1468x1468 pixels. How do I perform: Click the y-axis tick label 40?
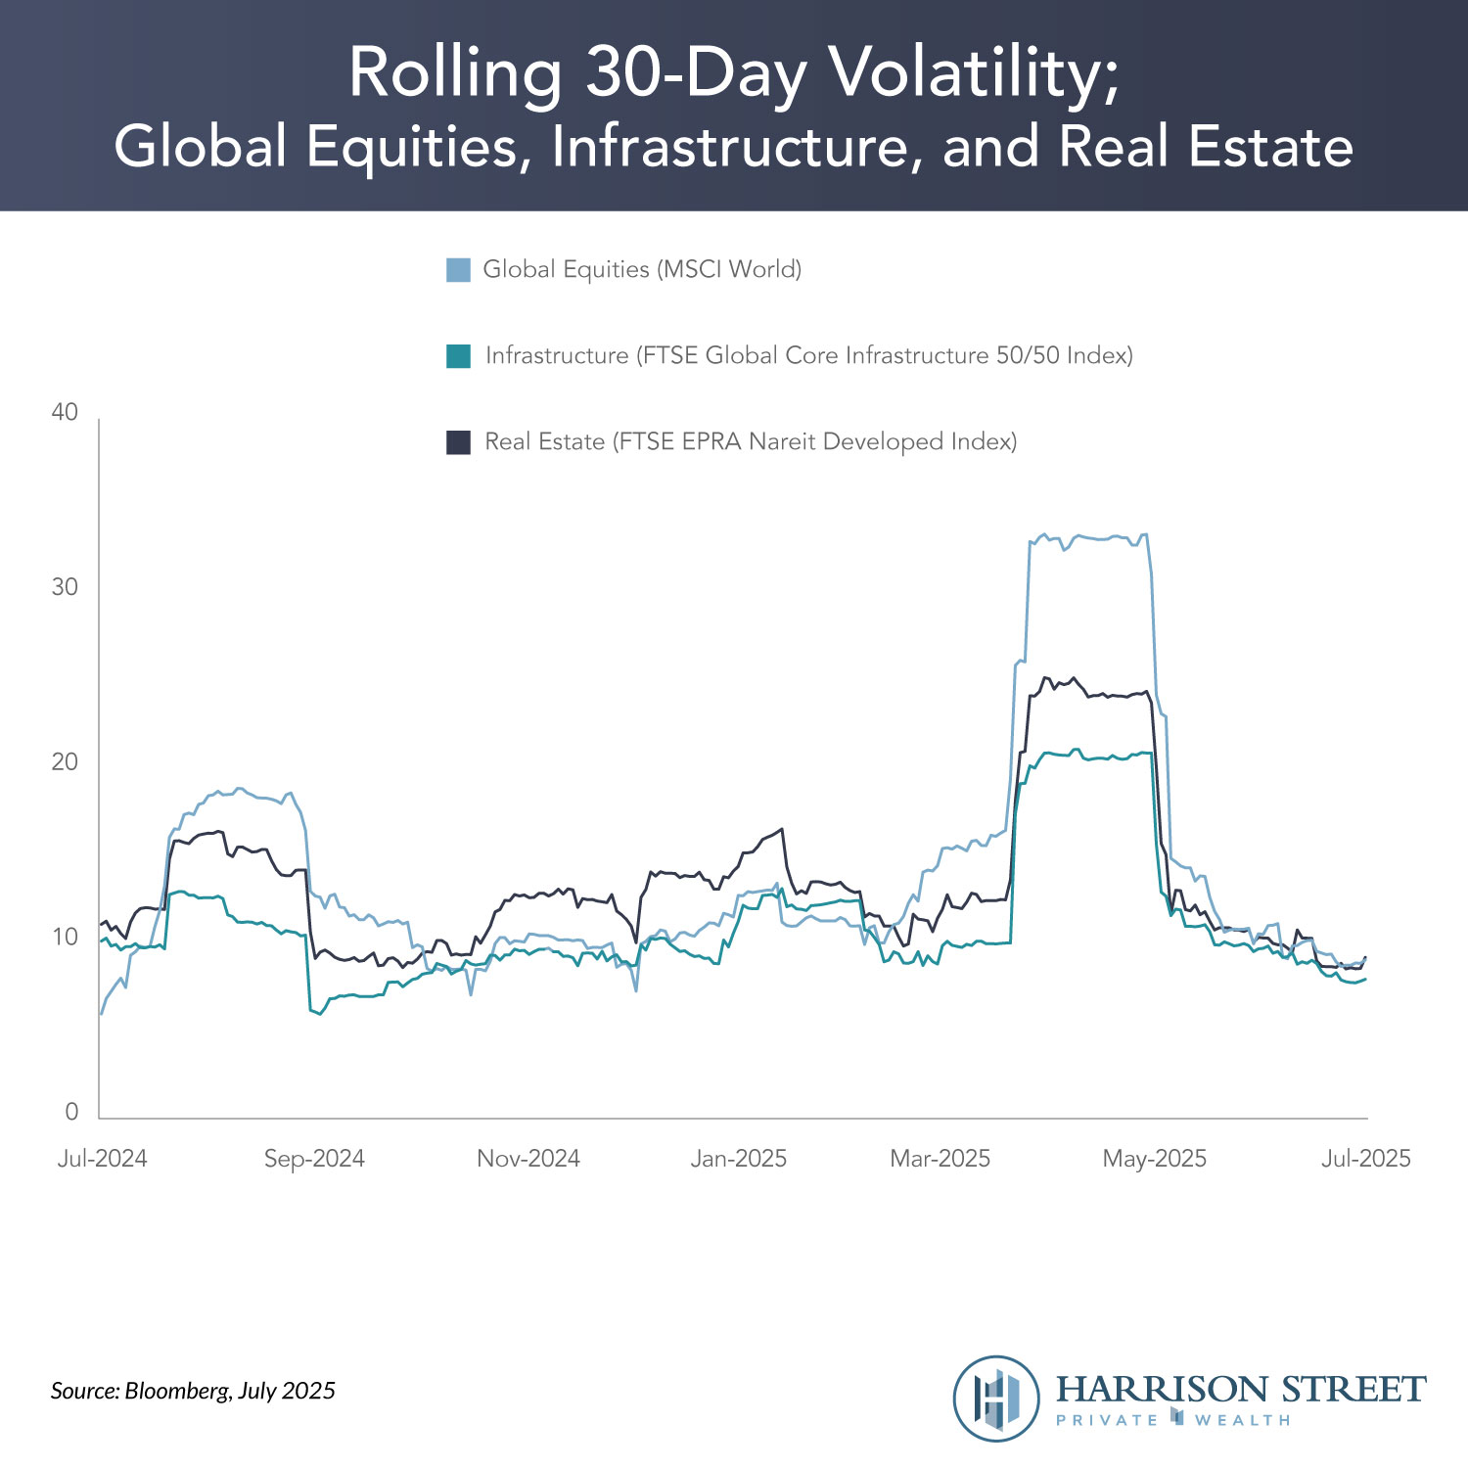pyautogui.click(x=65, y=412)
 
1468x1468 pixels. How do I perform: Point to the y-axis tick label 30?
pyautogui.click(x=65, y=587)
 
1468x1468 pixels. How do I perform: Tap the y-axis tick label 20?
pyautogui.click(x=65, y=762)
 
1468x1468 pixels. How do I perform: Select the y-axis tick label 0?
pyautogui.click(x=71, y=1112)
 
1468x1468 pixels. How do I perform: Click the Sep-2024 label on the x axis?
pyautogui.click(x=314, y=1159)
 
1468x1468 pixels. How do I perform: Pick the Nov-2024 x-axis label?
pyautogui.click(x=528, y=1159)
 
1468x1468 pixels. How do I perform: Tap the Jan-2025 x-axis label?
pyautogui.click(x=739, y=1159)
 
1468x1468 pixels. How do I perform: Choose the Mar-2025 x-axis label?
pyautogui.click(x=940, y=1159)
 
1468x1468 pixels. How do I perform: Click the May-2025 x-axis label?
pyautogui.click(x=1155, y=1159)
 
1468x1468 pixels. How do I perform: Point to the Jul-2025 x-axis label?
pyautogui.click(x=1366, y=1159)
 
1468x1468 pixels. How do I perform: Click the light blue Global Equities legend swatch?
pyautogui.click(x=458, y=270)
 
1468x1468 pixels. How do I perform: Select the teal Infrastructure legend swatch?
pyautogui.click(x=458, y=356)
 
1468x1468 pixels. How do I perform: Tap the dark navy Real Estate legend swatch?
pyautogui.click(x=458, y=442)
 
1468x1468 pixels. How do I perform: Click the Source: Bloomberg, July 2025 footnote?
pyautogui.click(x=193, y=1391)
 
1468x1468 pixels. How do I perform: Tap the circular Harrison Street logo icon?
pyautogui.click(x=996, y=1399)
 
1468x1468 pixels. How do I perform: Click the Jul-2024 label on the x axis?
pyautogui.click(x=102, y=1159)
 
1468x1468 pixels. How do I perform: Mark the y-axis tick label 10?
pyautogui.click(x=65, y=938)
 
